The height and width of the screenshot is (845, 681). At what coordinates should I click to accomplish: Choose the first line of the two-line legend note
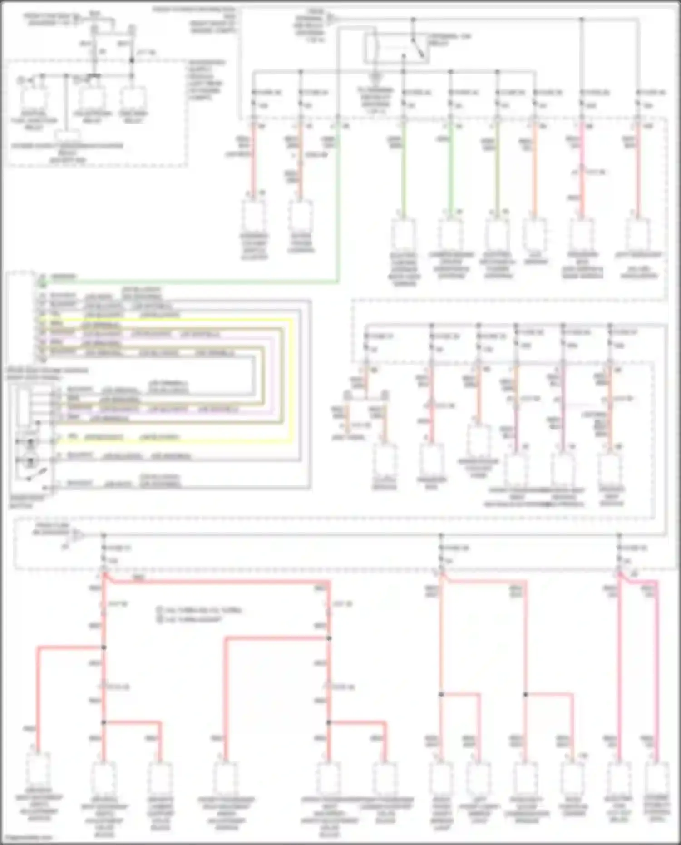[200, 610]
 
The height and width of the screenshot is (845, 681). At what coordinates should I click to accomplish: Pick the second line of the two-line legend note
[191, 619]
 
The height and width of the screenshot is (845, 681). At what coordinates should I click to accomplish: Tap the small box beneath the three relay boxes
[68, 136]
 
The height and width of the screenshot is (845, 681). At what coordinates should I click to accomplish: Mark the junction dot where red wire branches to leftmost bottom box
[104, 647]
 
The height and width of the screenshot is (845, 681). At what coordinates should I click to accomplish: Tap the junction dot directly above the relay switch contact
[413, 20]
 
